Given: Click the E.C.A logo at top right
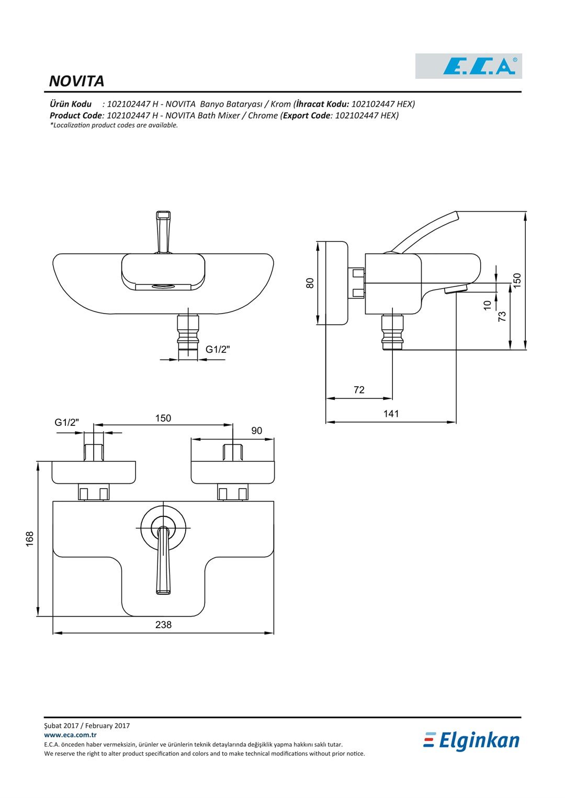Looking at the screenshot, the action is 468,66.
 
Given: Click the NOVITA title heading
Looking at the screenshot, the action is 76,81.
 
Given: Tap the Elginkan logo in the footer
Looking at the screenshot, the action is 471,741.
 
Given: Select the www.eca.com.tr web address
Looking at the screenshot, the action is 70,735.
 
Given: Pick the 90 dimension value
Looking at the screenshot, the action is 256,430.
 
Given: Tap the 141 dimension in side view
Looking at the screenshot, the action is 391,413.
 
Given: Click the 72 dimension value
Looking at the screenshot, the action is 359,390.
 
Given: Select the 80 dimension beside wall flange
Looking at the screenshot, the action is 310,283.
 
